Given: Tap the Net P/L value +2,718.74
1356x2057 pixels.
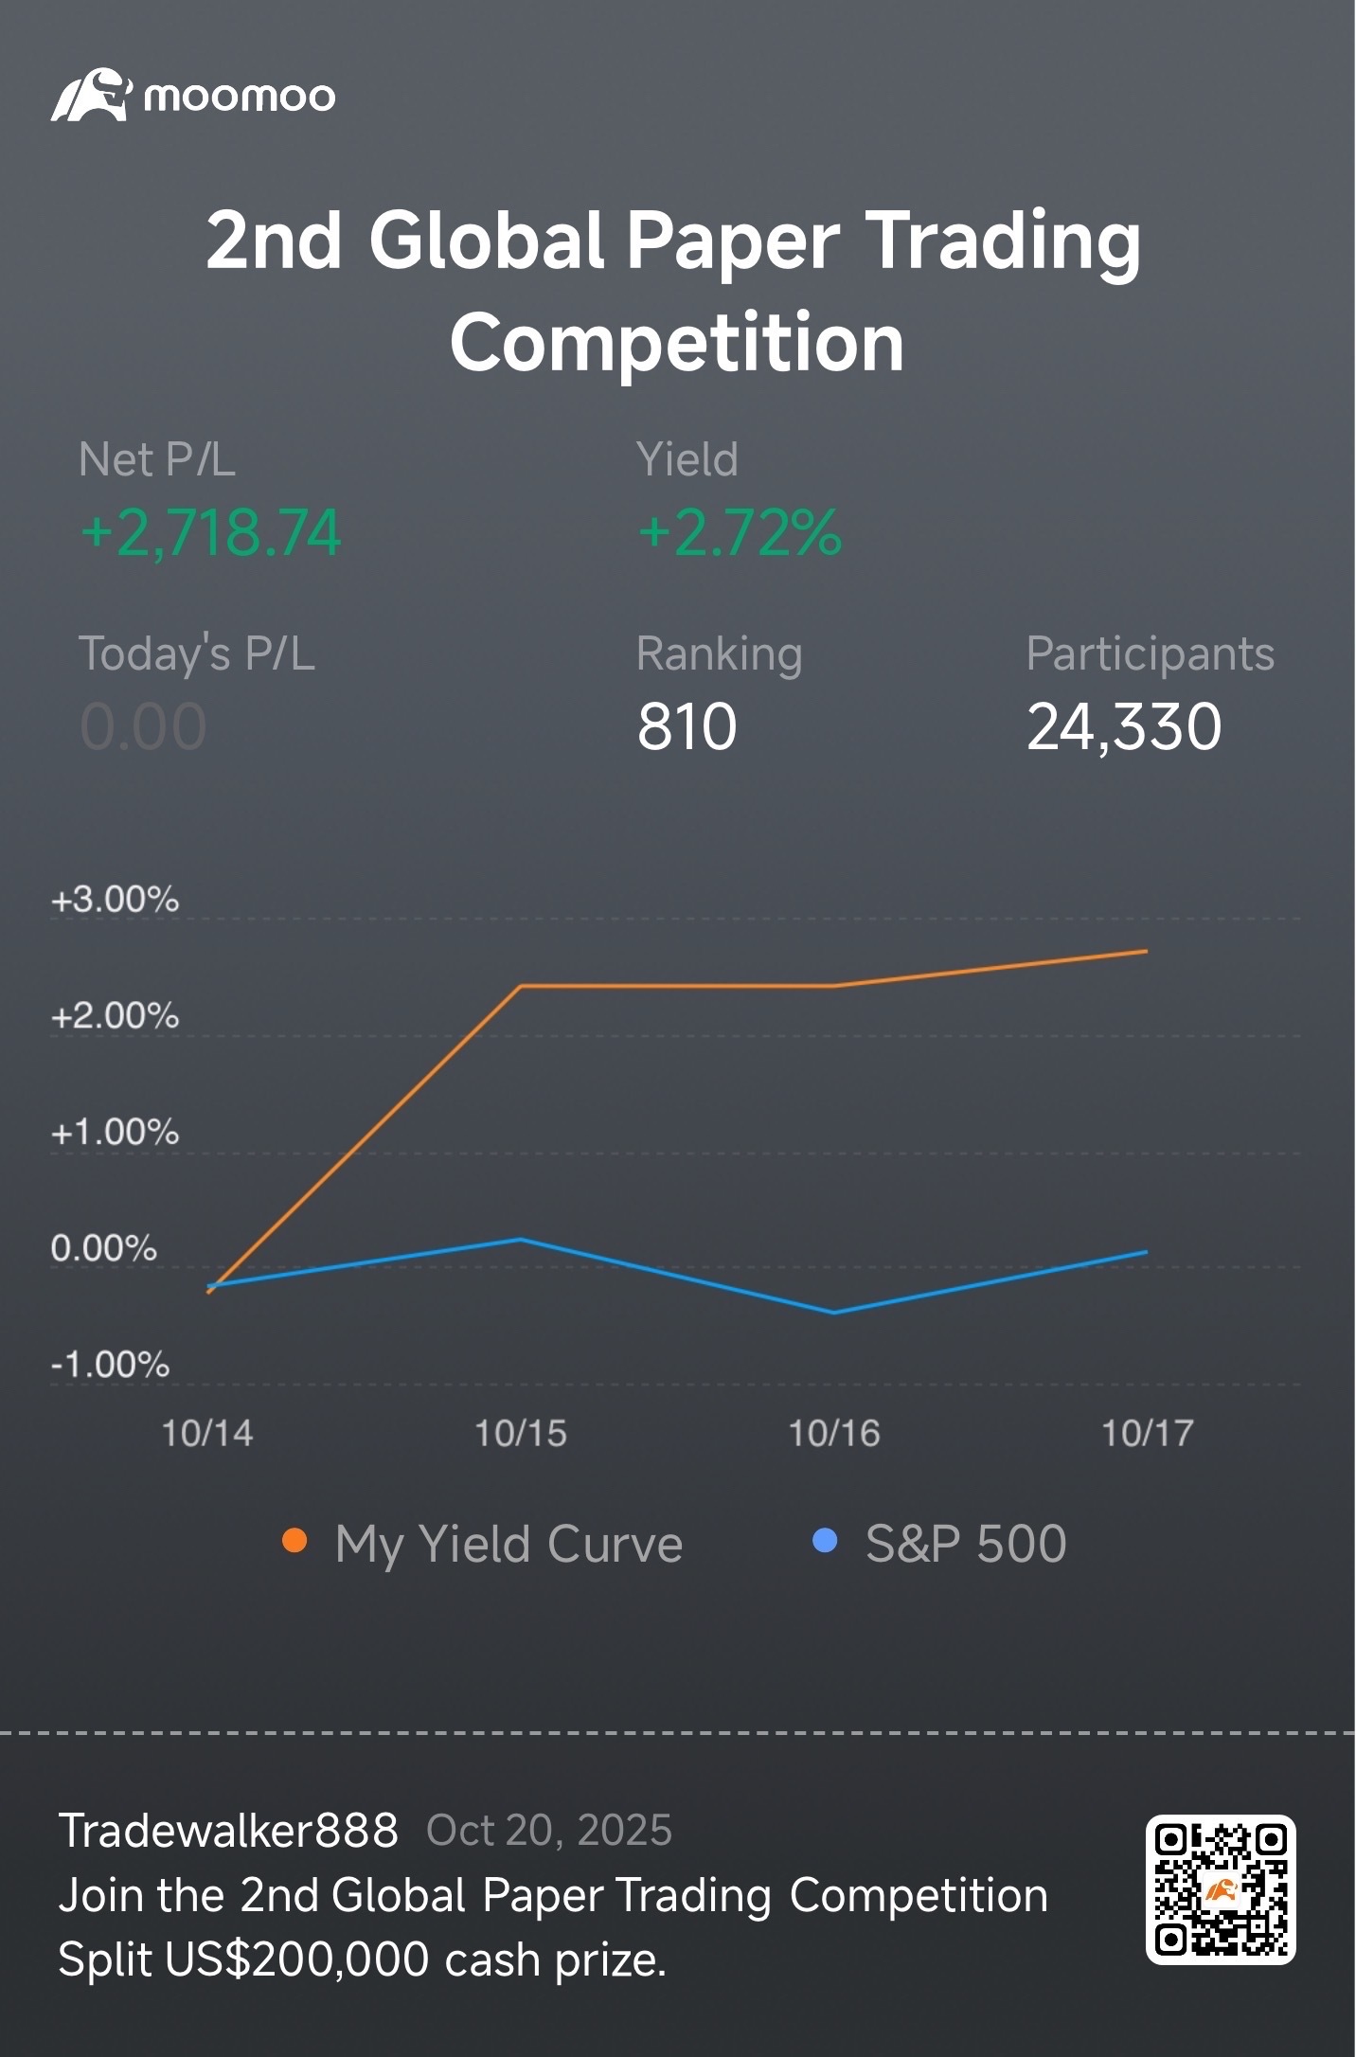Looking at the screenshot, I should point(210,532).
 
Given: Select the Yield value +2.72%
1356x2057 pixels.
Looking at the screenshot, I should point(740,532).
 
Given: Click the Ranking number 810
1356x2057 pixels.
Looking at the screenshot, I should point(687,727).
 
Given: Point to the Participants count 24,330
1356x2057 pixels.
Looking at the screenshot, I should point(1124,727).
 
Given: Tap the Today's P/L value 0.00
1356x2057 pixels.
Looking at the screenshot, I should point(143,727).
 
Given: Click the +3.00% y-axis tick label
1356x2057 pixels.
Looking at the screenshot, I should point(115,900).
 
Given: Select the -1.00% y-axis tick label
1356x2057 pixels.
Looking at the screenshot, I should point(111,1365).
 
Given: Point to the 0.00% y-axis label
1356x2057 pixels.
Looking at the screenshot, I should point(104,1248).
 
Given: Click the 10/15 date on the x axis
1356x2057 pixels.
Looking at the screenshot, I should point(521,1434).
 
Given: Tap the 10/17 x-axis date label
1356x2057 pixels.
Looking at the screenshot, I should point(1148,1434).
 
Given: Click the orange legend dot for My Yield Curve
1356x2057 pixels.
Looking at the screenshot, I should point(294,1541).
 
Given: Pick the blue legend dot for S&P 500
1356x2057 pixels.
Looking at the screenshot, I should point(825,1541).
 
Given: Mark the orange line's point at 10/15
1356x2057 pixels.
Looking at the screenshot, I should point(521,986).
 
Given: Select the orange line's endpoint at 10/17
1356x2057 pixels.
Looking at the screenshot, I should point(1146,951).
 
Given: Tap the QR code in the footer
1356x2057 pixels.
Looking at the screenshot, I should point(1221,1889).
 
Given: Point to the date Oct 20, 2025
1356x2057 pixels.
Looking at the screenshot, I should point(549,1832).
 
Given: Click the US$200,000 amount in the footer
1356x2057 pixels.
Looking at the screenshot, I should point(297,1959).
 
